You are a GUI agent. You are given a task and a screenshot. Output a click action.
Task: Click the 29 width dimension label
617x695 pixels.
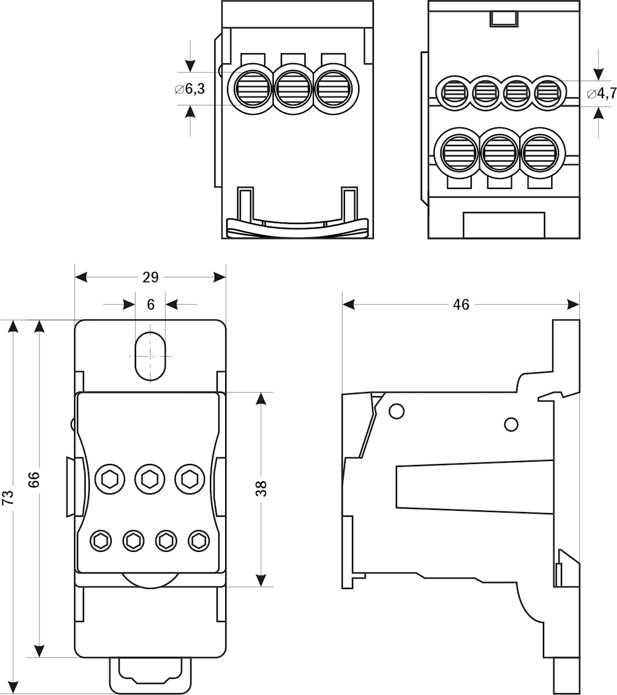[x=150, y=277]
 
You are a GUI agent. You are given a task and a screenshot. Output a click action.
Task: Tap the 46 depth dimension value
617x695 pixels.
[x=461, y=305]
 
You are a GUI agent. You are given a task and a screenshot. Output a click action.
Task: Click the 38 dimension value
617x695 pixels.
[x=262, y=488]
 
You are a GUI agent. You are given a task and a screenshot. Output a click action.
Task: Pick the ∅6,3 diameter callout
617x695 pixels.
[x=190, y=90]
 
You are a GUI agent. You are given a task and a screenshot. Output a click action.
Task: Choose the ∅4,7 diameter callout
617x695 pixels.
[x=601, y=93]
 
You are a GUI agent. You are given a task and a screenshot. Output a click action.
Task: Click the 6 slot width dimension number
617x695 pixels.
[x=151, y=305]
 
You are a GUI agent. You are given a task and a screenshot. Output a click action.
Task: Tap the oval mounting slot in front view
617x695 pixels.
[x=150, y=356]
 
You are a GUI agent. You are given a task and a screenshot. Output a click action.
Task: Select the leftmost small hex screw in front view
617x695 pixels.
[x=101, y=541]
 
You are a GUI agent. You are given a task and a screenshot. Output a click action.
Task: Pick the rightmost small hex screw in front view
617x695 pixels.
[x=199, y=541]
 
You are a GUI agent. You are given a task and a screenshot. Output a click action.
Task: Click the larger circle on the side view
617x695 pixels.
[x=396, y=412]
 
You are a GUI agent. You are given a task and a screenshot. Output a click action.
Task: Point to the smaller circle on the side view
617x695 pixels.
[x=511, y=425]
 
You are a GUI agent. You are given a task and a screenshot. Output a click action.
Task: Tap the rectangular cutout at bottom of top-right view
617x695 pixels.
[x=504, y=225]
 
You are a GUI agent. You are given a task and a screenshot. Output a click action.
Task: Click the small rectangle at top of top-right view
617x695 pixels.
[x=504, y=19]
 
